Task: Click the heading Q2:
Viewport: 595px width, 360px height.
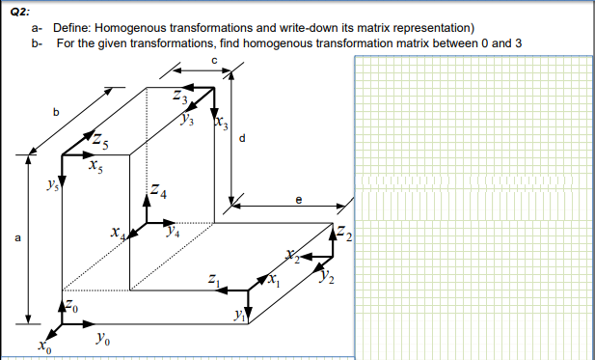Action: click(15, 7)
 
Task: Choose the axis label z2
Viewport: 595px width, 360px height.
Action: click(346, 233)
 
